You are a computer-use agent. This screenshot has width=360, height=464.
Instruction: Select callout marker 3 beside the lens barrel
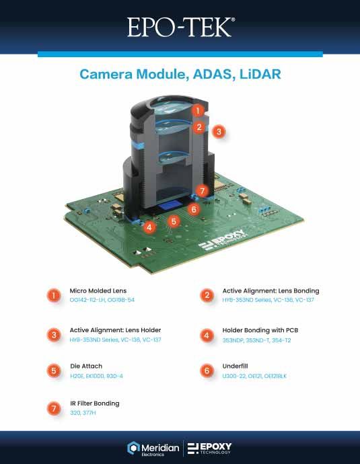pyautogui.click(x=219, y=132)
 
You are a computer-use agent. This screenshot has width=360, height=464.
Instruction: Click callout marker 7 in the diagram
pyautogui.click(x=203, y=191)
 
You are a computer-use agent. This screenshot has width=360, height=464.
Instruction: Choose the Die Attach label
pyautogui.click(x=85, y=366)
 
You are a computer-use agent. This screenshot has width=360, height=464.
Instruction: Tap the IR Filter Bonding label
pyautogui.click(x=95, y=403)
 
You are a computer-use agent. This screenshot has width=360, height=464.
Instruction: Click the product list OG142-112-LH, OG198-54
pyautogui.click(x=102, y=300)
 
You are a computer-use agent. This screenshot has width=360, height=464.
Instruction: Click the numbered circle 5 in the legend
pyautogui.click(x=53, y=371)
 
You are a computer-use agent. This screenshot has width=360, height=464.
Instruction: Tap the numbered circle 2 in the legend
pyautogui.click(x=206, y=295)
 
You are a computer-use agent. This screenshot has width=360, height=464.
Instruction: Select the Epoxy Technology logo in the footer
pyautogui.click(x=210, y=448)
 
